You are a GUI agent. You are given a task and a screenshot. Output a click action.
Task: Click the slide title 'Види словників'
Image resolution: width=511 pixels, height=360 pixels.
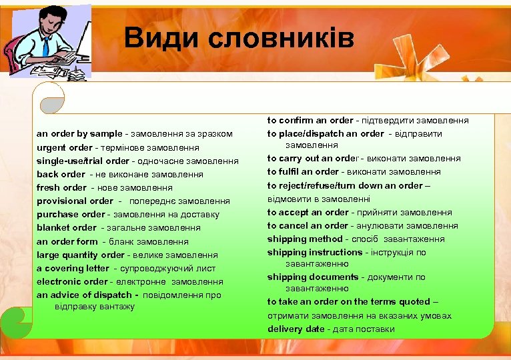pos(239,39)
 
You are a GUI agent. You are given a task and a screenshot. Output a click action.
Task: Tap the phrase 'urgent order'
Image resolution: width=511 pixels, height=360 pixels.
pos(64,147)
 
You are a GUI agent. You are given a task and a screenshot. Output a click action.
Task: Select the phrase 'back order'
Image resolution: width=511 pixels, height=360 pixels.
pos(60,174)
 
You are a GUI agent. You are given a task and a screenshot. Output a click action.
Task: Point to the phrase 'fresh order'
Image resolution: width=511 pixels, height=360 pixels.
pos(61,187)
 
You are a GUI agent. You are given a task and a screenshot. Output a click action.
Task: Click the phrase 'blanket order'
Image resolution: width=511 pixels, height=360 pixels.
pos(66,227)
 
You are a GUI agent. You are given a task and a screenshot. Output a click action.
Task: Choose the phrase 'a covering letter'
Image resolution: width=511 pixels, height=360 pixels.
pos(72,268)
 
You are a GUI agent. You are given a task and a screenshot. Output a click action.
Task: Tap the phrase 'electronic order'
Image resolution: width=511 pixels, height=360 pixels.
pos(71,281)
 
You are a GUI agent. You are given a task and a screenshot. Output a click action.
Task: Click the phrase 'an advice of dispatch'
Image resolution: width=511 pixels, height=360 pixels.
pos(84,295)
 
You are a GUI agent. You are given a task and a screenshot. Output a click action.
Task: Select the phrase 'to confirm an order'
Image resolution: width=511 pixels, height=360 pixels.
pos(310,121)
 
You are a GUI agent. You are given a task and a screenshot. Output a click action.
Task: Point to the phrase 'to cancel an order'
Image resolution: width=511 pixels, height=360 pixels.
pos(308,225)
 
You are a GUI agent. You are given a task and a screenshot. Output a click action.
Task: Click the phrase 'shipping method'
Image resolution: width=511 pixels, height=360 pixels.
pos(304,239)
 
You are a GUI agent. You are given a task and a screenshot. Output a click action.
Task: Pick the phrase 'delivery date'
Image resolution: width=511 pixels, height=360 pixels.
pos(296,329)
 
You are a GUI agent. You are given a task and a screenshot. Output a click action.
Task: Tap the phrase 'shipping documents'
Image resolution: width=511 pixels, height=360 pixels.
pos(313,277)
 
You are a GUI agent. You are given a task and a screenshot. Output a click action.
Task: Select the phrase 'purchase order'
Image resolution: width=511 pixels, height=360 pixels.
pos(70,214)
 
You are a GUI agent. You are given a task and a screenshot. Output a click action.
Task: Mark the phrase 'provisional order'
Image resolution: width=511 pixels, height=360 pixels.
pos(75,201)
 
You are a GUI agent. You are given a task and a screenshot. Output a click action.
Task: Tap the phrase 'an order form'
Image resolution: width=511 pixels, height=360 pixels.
pos(67,241)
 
